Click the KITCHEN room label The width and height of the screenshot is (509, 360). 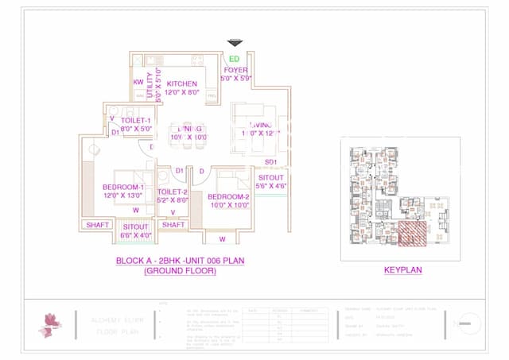[182, 83]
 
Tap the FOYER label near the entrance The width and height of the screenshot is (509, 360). [235, 70]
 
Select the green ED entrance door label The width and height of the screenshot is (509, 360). [234, 59]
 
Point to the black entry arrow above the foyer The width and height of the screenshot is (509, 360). [235, 43]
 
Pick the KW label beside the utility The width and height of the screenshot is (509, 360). [138, 82]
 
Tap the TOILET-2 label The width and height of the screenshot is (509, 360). [173, 192]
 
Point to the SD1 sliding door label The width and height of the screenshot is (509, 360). [270, 162]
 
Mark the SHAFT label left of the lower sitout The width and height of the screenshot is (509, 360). [97, 225]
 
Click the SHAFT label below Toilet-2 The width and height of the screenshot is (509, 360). [173, 225]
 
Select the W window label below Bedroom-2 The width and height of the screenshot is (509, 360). [222, 238]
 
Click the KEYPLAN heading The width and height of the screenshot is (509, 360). [402, 270]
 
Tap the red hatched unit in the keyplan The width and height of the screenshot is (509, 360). [412, 233]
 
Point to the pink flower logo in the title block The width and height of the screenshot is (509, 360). [50, 324]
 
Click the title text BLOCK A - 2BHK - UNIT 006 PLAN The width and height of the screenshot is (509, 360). [180, 261]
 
